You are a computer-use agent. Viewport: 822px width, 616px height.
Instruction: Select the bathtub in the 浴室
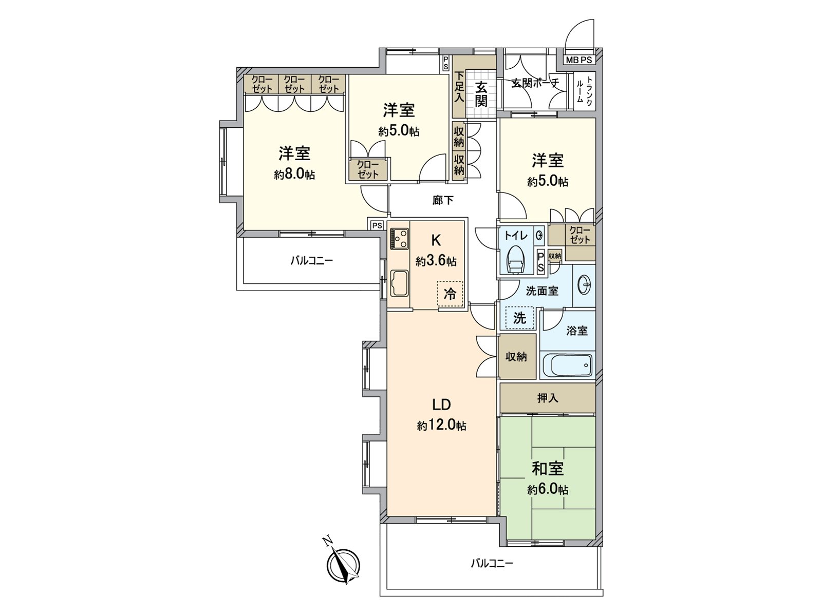pos(567,365)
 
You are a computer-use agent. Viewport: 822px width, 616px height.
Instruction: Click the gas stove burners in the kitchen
pos(400,239)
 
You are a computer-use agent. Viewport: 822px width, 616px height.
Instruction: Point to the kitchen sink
pos(399,284)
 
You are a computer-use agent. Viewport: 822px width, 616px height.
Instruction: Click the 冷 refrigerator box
pos(450,294)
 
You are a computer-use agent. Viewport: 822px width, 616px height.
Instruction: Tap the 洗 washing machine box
pos(520,318)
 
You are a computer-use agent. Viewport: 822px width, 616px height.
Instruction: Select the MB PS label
pos(579,60)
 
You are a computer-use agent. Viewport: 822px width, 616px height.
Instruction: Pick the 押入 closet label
pos(548,398)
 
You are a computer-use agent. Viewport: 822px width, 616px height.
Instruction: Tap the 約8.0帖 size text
pos(294,175)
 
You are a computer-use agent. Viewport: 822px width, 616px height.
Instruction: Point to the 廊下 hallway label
pos(443,200)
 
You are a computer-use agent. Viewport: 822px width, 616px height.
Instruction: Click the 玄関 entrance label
pos(481,93)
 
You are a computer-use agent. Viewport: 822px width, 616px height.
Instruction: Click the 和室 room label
pos(548,468)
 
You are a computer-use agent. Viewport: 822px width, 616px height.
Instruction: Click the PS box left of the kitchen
pos(377,225)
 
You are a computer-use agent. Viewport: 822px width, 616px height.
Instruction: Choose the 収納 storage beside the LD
pos(516,356)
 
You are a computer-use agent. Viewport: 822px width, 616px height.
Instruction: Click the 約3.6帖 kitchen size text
pos(436,261)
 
